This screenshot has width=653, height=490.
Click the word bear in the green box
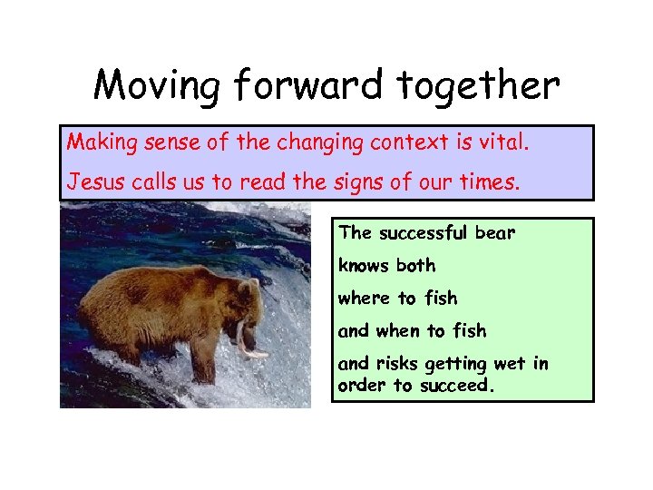495,233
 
